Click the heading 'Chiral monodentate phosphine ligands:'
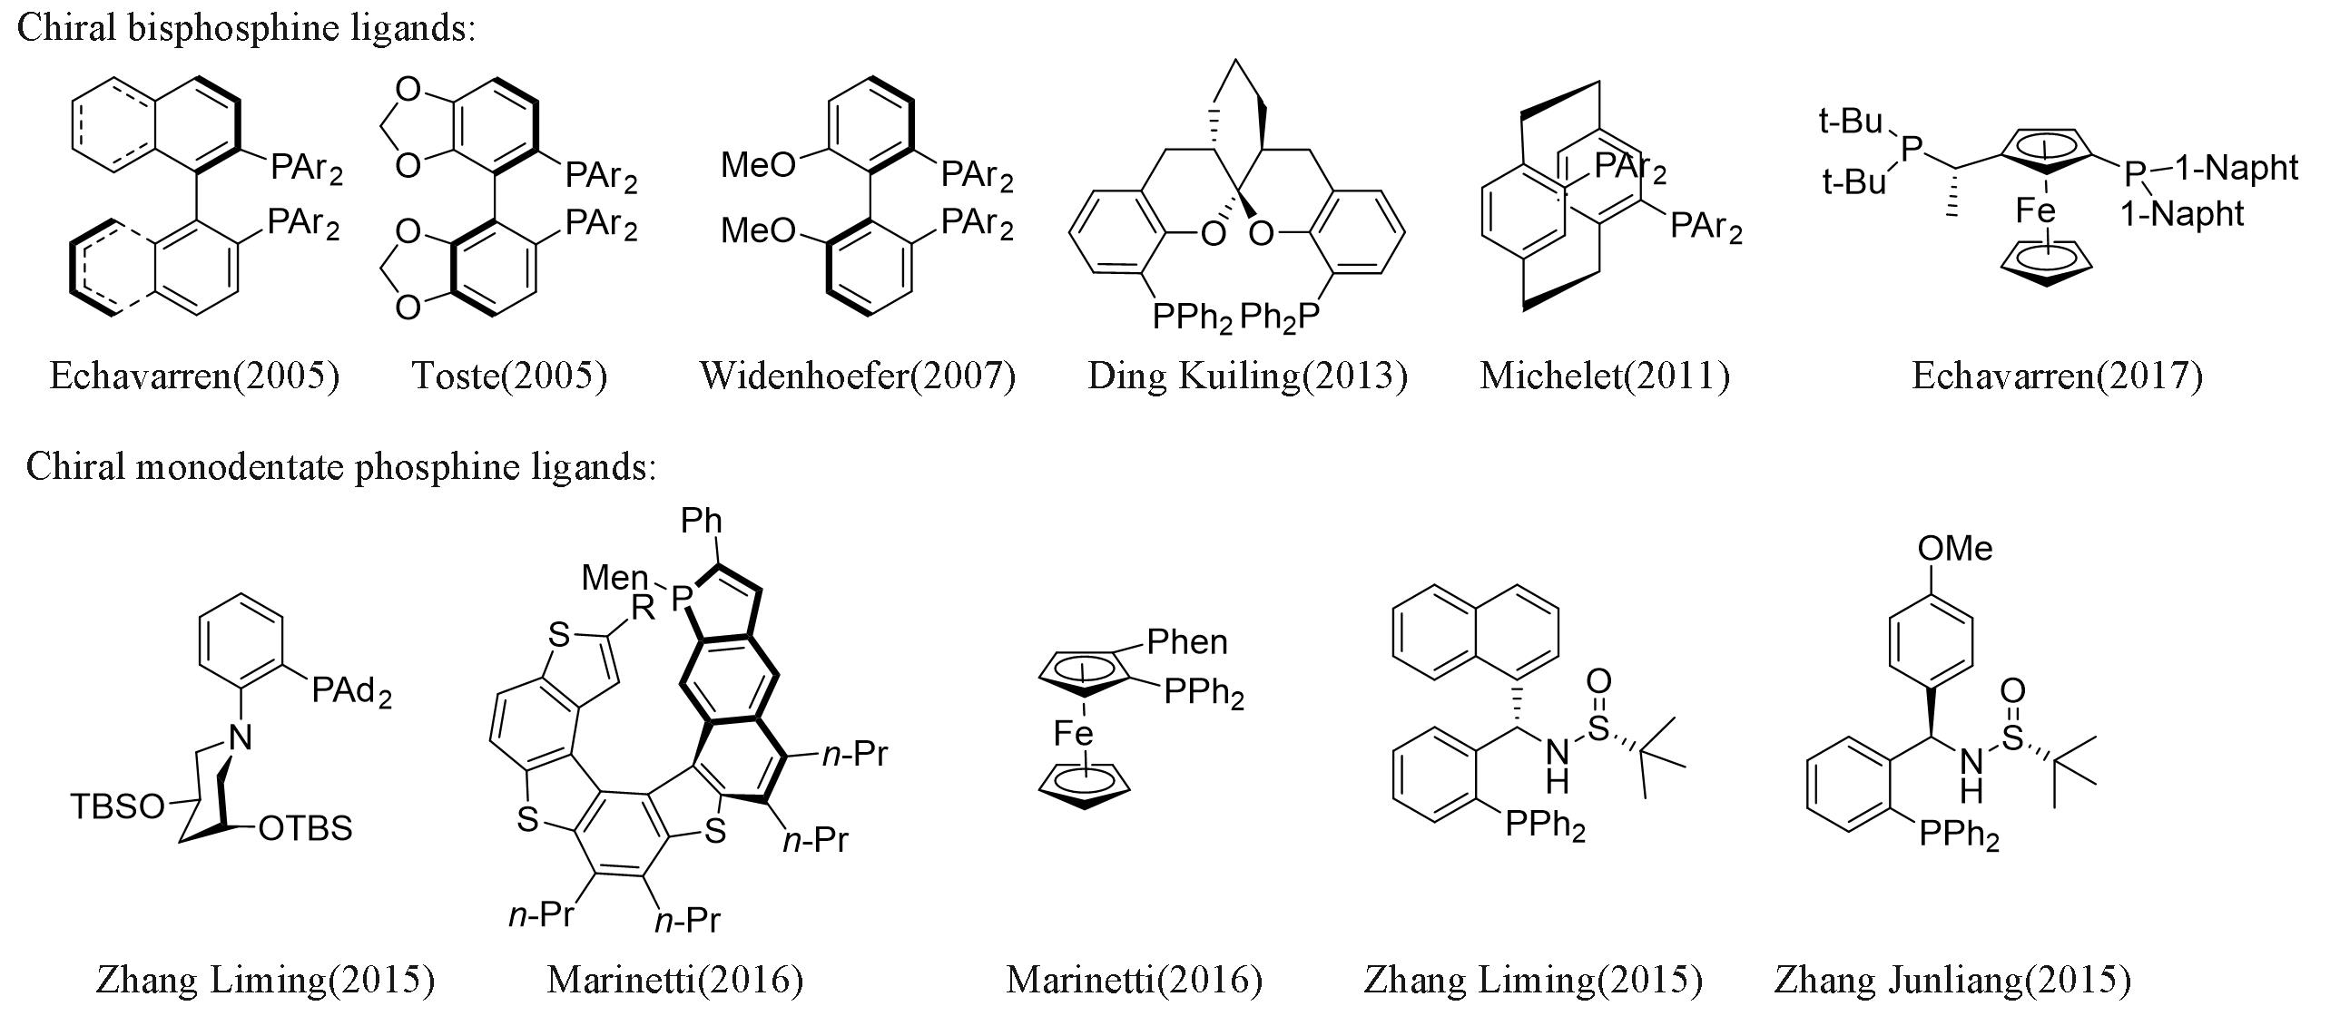(340, 466)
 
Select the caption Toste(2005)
(509, 376)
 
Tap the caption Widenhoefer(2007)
(858, 376)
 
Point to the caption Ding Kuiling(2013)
(1247, 376)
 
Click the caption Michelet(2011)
(1605, 376)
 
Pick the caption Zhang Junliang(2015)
(1952, 980)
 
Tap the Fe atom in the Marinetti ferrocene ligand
(1073, 733)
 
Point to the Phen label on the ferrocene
(1186, 642)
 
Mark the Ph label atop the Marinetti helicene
(702, 521)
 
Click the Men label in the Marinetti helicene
(614, 577)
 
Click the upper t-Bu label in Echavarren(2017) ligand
(1852, 121)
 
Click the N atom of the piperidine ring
(239, 738)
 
